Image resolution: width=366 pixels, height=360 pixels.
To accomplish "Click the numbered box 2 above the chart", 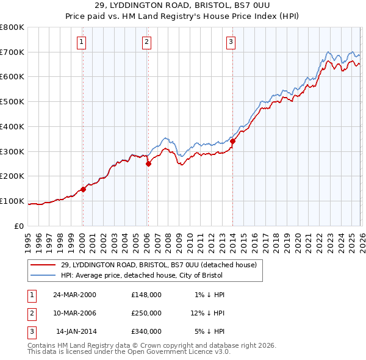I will point(147,42).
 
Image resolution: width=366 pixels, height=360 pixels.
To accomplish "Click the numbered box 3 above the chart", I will point(232,42).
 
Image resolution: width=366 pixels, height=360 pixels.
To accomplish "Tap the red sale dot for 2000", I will point(84,189).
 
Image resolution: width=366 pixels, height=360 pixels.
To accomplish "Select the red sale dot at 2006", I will point(148,164).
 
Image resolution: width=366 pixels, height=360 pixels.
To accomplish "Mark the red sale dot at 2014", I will point(232,141).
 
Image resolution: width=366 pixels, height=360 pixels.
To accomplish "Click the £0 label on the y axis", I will point(18,226).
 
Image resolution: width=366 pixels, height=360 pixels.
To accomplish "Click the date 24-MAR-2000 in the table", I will point(74,295).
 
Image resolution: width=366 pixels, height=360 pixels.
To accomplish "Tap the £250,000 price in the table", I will point(146,313).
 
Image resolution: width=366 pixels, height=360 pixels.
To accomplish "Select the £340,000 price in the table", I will point(146,331).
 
